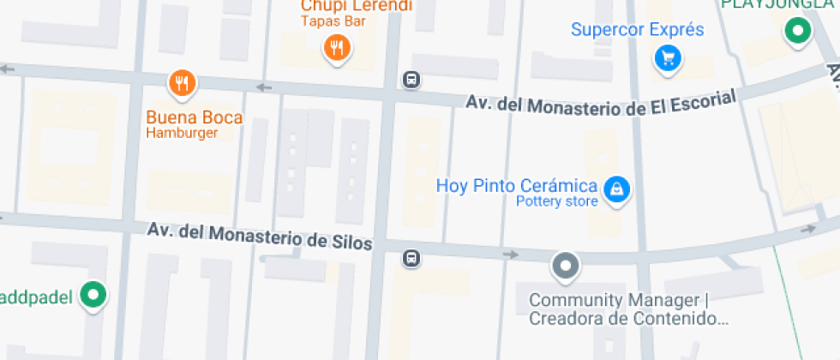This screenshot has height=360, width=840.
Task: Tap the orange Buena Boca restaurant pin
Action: coord(182,83)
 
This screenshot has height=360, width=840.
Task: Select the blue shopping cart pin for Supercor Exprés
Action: coord(668,57)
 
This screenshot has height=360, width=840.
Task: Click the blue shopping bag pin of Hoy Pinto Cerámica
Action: coord(615,189)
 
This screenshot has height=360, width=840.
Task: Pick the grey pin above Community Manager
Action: coord(566,265)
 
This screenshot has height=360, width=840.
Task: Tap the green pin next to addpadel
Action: coord(93,296)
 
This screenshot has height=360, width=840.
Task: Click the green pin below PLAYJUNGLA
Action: coord(799,33)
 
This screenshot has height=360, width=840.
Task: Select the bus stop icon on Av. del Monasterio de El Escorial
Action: coord(412,81)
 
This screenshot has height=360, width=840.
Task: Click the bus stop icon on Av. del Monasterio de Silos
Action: coord(412,257)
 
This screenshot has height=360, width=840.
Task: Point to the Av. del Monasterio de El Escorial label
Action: coord(601,104)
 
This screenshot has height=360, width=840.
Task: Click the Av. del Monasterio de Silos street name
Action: coord(260,236)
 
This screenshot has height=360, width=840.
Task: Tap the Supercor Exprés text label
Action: coord(637,30)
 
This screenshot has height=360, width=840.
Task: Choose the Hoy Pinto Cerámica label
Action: coord(516,185)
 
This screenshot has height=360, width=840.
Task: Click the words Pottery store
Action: coord(556,202)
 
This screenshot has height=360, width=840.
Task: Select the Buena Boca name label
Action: coord(195,117)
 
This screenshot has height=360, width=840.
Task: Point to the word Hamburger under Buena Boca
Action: coord(182,133)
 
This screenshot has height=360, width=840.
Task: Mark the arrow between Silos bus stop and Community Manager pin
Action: coord(510,255)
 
